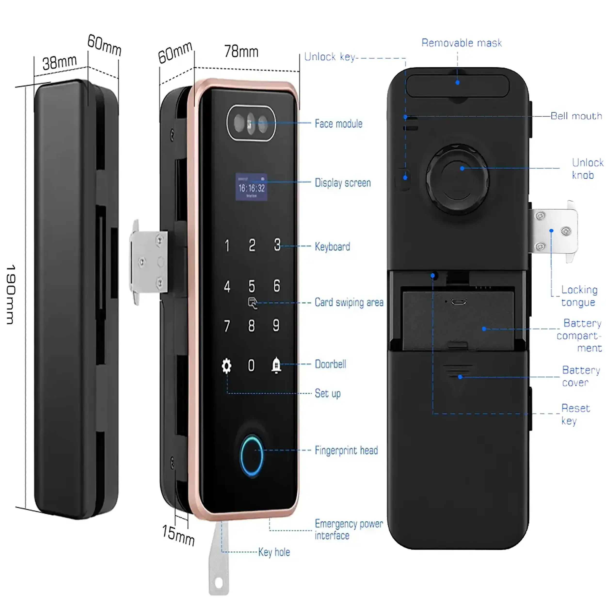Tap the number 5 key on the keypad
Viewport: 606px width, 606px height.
coord(252,286)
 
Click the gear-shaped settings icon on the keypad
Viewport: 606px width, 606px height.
coord(226,366)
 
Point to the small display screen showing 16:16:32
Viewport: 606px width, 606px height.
coord(251,187)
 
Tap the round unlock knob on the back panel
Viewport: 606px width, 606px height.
coord(458,179)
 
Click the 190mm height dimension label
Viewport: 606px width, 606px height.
coord(10,294)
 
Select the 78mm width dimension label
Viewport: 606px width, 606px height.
coord(241,51)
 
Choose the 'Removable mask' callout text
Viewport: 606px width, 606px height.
coord(461,43)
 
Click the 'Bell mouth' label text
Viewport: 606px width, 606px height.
coord(576,116)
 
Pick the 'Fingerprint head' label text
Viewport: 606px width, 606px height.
coord(346,450)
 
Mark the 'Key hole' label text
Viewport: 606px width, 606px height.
coord(274,552)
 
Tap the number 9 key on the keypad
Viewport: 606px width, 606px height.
coord(276,326)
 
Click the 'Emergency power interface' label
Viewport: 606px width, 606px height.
coord(349,530)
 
